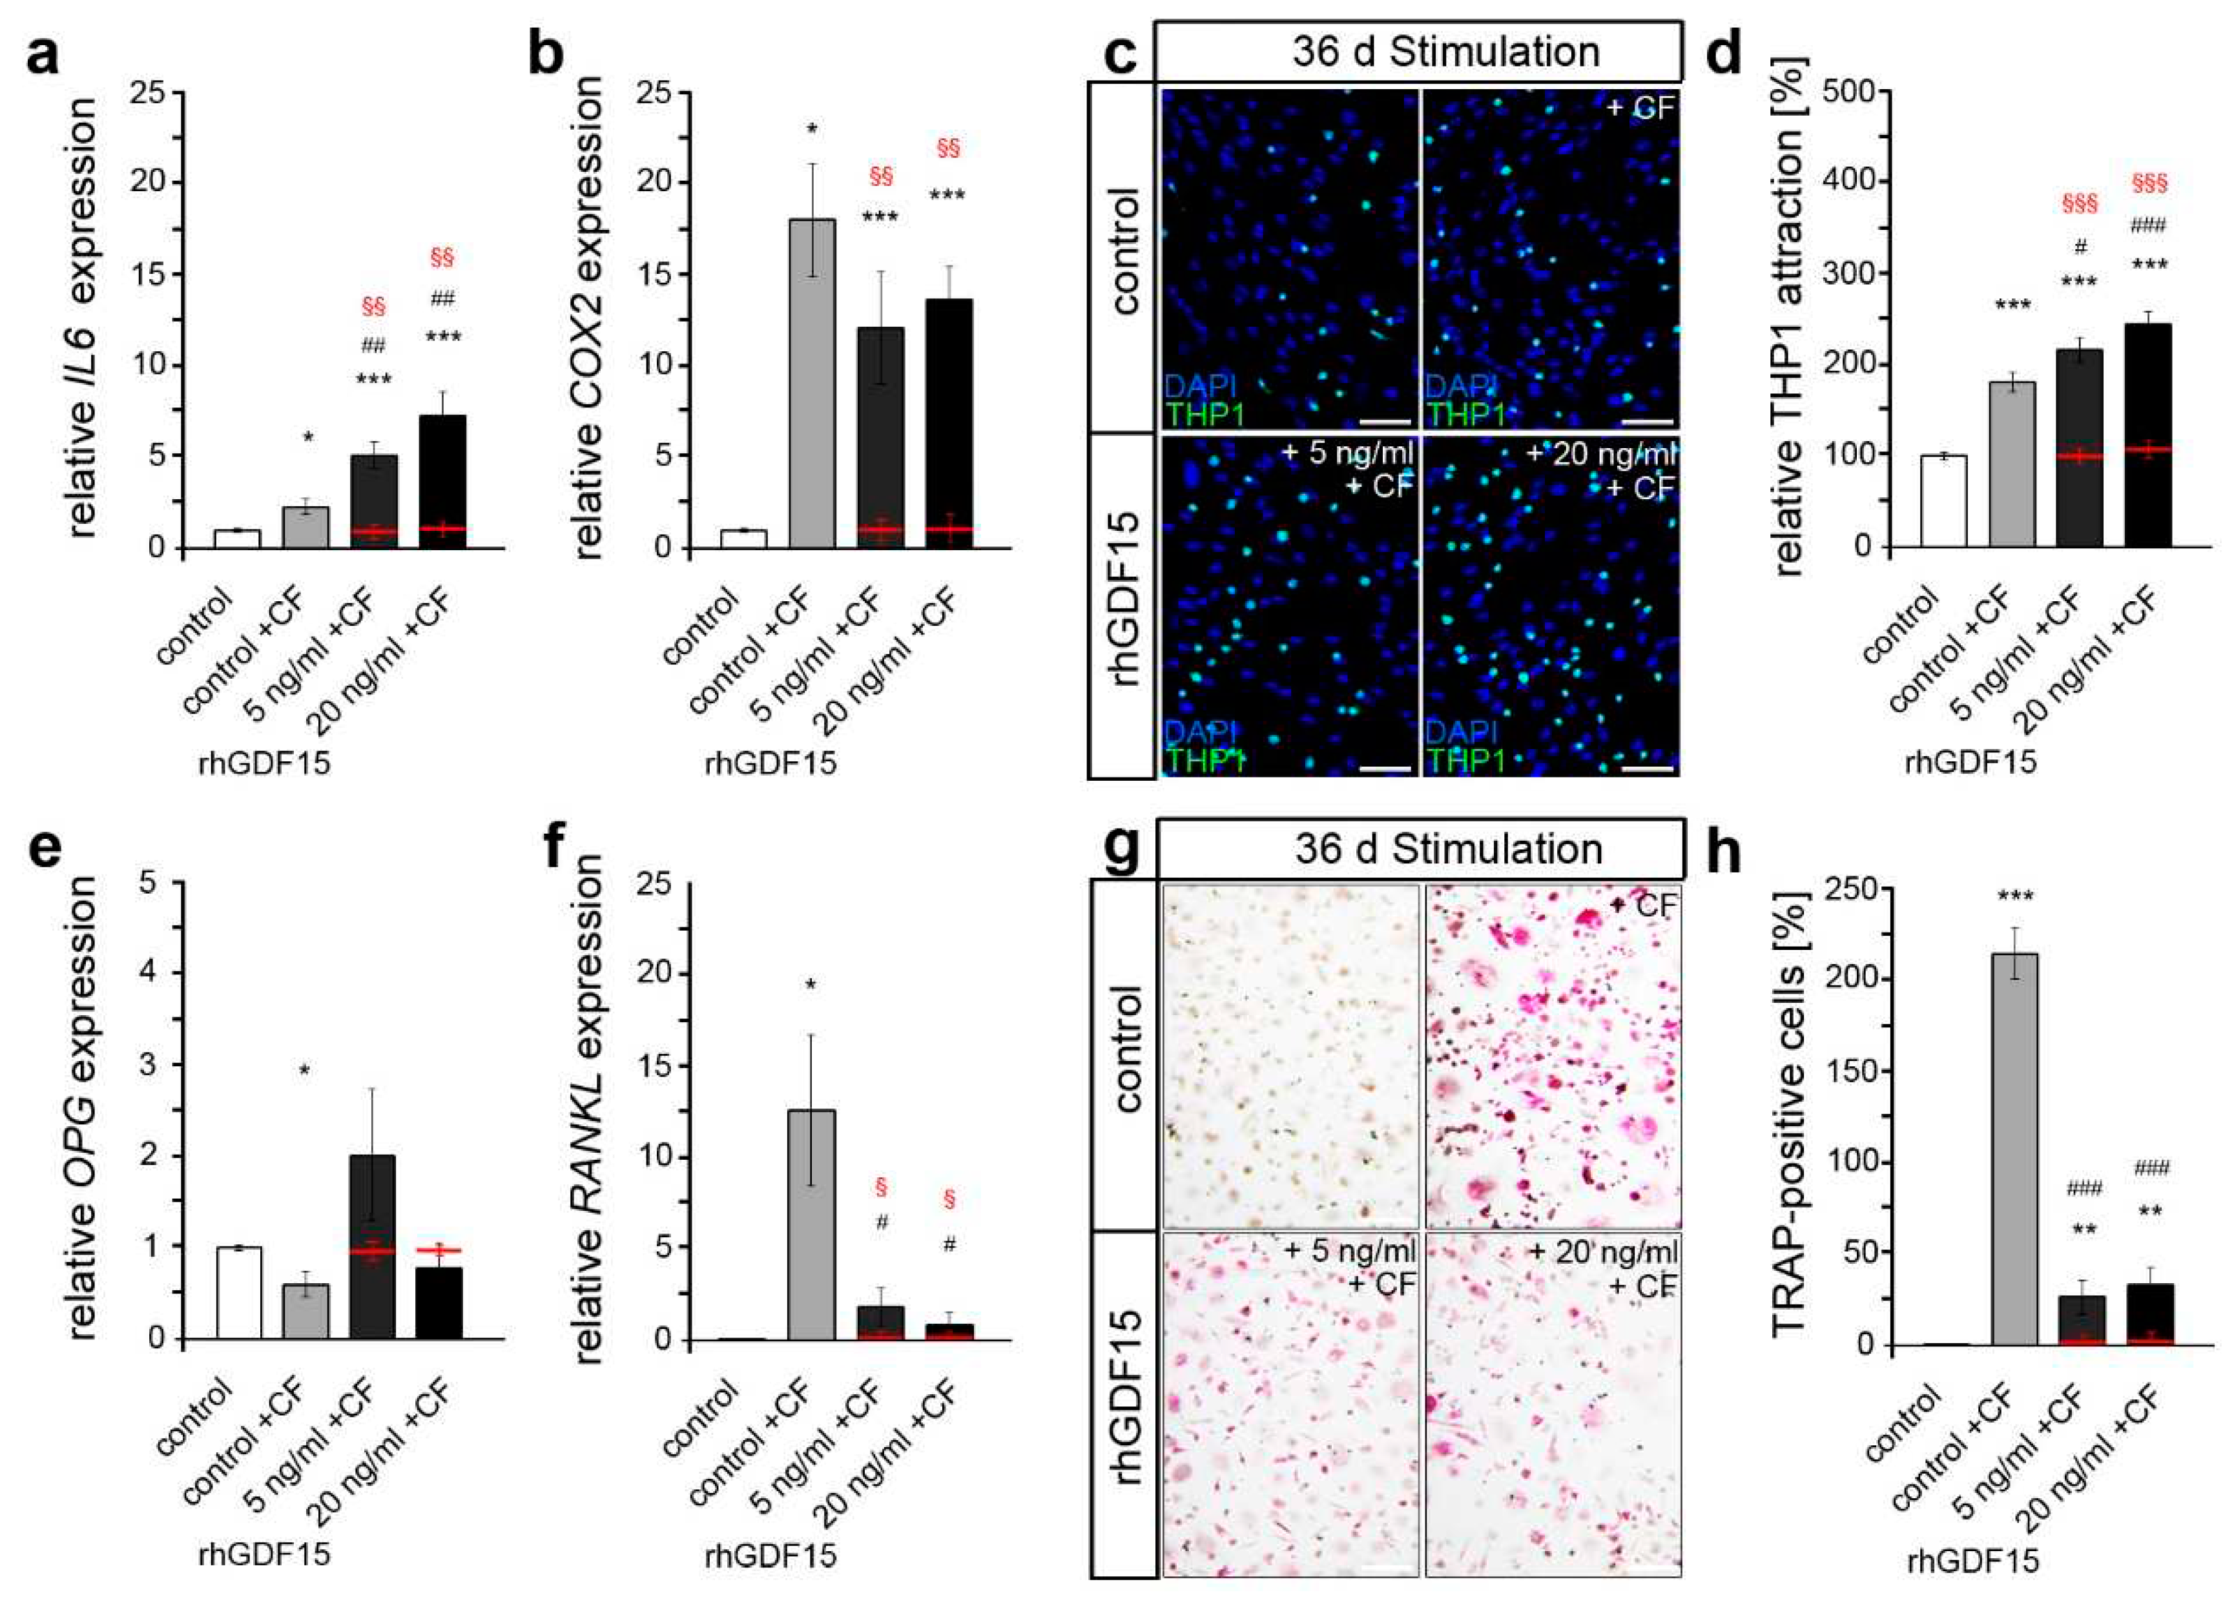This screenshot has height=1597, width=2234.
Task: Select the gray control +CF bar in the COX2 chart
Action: (812, 384)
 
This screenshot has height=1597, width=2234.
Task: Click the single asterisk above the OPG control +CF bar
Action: (305, 1070)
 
